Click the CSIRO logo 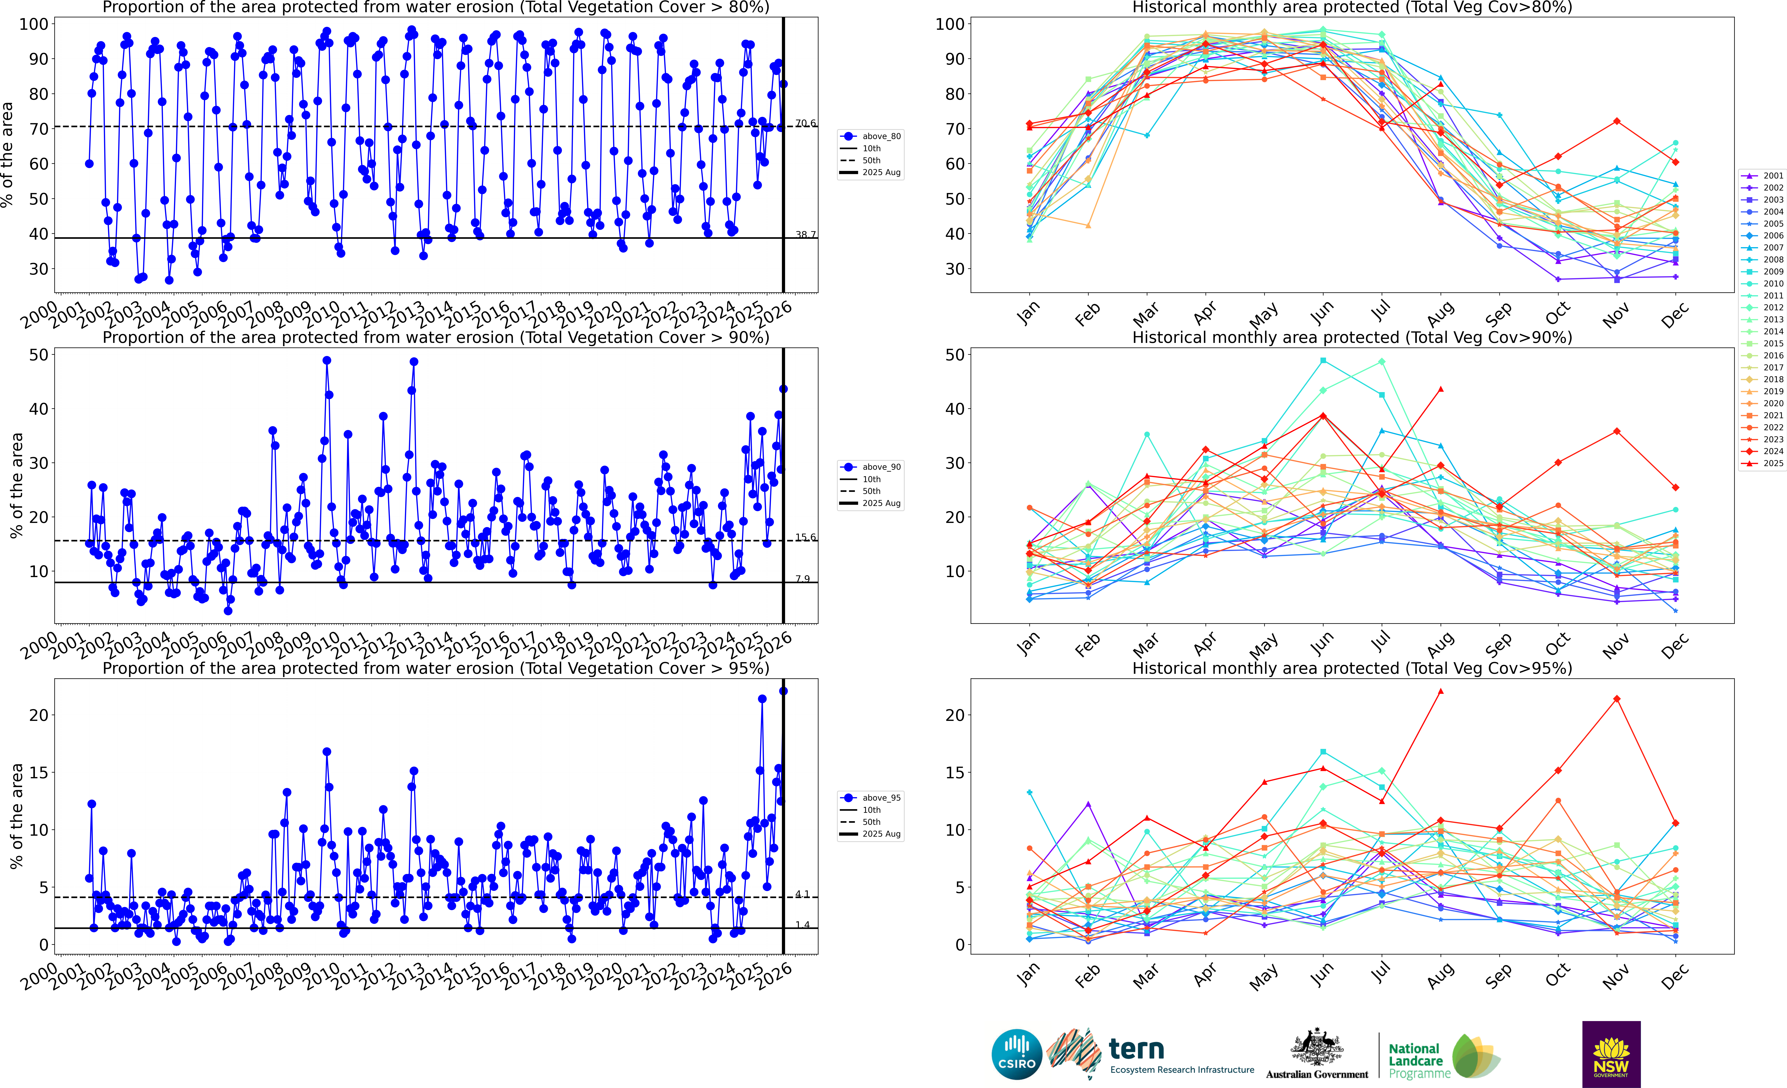pyautogui.click(x=1017, y=1055)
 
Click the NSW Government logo pyautogui.click(x=1611, y=1054)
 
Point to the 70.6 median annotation pyautogui.click(x=805, y=123)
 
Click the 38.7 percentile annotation pyautogui.click(x=805, y=235)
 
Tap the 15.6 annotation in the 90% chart pyautogui.click(x=805, y=537)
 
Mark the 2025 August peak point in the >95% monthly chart pyautogui.click(x=1440, y=691)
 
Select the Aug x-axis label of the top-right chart pyautogui.click(x=1440, y=313)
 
